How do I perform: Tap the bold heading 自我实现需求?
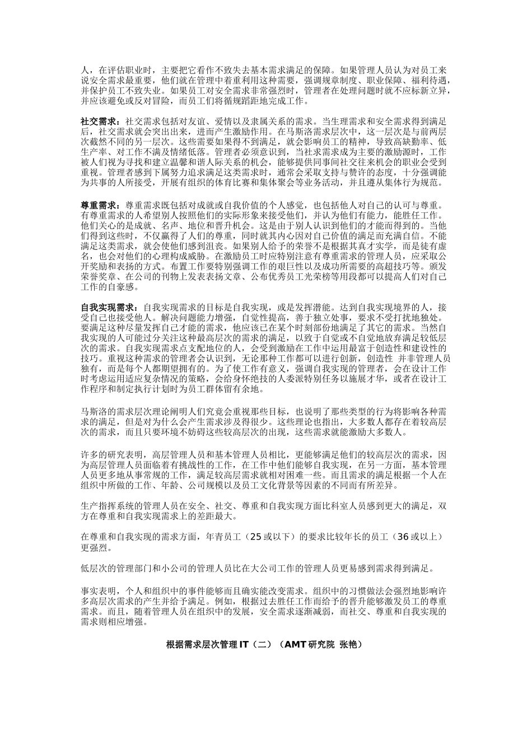(106, 307)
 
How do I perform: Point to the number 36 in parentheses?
(403, 536)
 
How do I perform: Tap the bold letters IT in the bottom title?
(244, 644)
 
